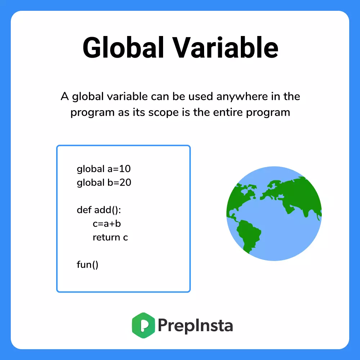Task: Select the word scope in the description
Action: click(x=168, y=112)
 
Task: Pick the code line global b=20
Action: click(x=104, y=183)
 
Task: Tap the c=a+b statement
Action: click(x=107, y=224)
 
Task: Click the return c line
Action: click(x=110, y=237)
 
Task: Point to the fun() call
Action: click(x=87, y=265)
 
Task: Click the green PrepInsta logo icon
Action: click(x=144, y=325)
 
